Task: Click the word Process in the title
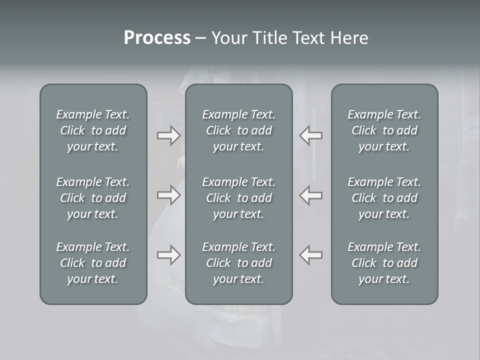[x=157, y=38]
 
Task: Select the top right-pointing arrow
[x=168, y=135]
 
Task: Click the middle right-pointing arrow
[x=168, y=195]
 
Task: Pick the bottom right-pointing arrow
[x=168, y=255]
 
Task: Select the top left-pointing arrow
[x=311, y=135]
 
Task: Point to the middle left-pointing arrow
[x=311, y=195]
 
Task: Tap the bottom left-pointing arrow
[x=311, y=255]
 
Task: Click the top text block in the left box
[x=93, y=130]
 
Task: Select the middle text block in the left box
[x=93, y=198]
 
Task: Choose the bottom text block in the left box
[x=93, y=263]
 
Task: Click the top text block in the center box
[x=238, y=130]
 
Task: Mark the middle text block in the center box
[x=238, y=198]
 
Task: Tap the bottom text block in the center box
[x=238, y=263]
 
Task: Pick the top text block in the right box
[x=384, y=130]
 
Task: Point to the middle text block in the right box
[x=384, y=198]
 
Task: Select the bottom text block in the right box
[x=384, y=263]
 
